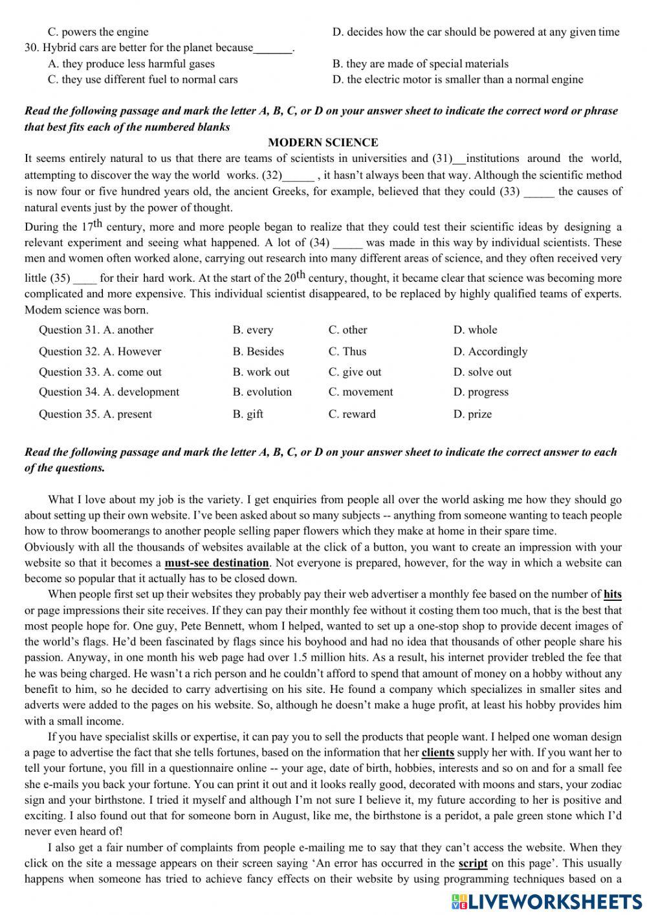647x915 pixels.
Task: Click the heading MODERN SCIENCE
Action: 323,142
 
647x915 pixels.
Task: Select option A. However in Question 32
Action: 132,352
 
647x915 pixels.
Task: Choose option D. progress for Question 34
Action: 481,392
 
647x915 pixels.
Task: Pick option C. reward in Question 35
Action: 351,414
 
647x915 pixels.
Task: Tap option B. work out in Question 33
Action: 261,372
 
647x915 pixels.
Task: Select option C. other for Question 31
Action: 347,330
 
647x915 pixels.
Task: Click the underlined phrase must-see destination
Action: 216,563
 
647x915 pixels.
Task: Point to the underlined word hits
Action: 612,594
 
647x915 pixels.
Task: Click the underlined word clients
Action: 437,752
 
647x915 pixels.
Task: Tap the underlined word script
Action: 472,863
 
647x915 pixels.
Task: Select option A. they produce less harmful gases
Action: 131,63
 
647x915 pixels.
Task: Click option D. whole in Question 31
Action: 475,330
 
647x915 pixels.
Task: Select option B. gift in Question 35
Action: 248,414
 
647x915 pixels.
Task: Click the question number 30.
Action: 32,48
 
